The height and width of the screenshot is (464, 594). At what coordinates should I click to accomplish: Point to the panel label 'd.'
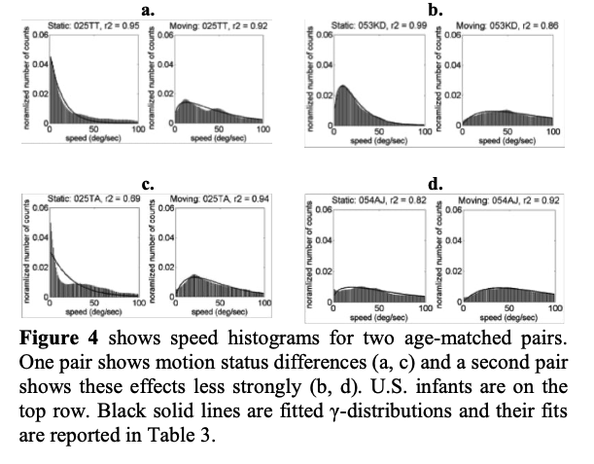(x=435, y=182)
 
